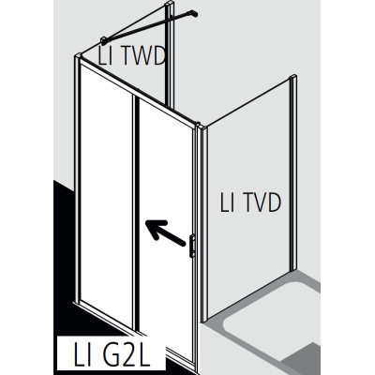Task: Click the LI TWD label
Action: tap(131, 56)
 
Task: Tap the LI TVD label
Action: tap(250, 202)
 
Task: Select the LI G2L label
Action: tap(112, 355)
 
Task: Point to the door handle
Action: tap(192, 246)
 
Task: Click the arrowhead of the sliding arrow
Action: tap(154, 227)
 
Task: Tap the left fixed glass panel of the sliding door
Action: tap(106, 190)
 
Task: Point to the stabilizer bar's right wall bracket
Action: tap(193, 13)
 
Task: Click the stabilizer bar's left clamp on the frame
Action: tap(104, 40)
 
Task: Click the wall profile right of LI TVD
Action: tap(292, 172)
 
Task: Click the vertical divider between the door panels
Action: tap(136, 213)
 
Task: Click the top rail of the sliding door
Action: tap(139, 92)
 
